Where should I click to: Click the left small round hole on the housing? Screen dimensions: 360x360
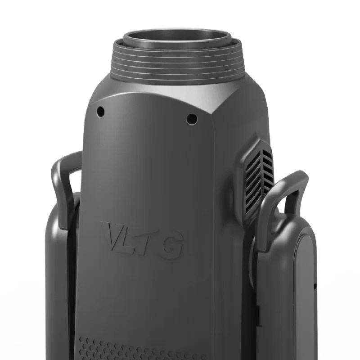click(101, 110)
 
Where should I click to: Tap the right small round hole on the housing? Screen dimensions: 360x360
click(192, 119)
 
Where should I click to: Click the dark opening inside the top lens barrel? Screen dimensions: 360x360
click(177, 40)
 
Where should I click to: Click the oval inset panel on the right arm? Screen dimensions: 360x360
click(306, 288)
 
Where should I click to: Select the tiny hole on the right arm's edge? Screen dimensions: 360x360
click(315, 286)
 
